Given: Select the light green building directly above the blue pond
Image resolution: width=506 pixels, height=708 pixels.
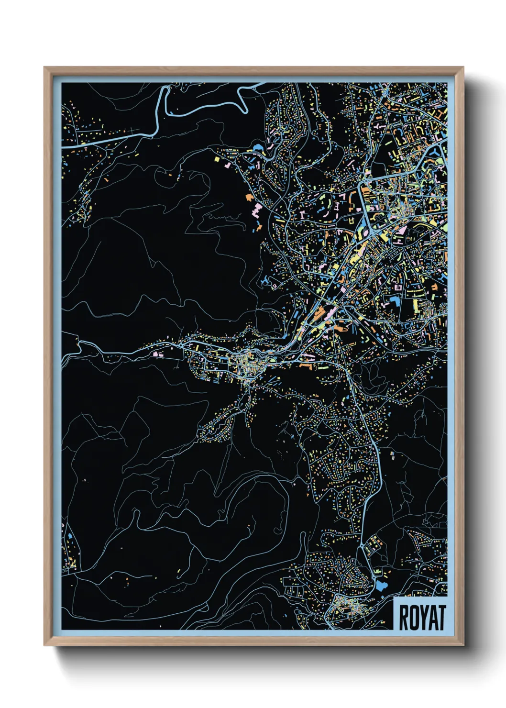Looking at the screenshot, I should point(377,572).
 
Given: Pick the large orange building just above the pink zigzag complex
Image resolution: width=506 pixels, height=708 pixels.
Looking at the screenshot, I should point(249,197).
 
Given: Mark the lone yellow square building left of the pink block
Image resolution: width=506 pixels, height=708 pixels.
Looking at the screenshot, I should point(217,158).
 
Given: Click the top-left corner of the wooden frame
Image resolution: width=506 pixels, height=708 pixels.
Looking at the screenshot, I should point(44,67).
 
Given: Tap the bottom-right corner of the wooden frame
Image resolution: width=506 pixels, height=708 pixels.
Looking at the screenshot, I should point(463,645).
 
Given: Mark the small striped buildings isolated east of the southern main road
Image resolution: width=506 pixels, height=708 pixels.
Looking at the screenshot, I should point(392,454).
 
